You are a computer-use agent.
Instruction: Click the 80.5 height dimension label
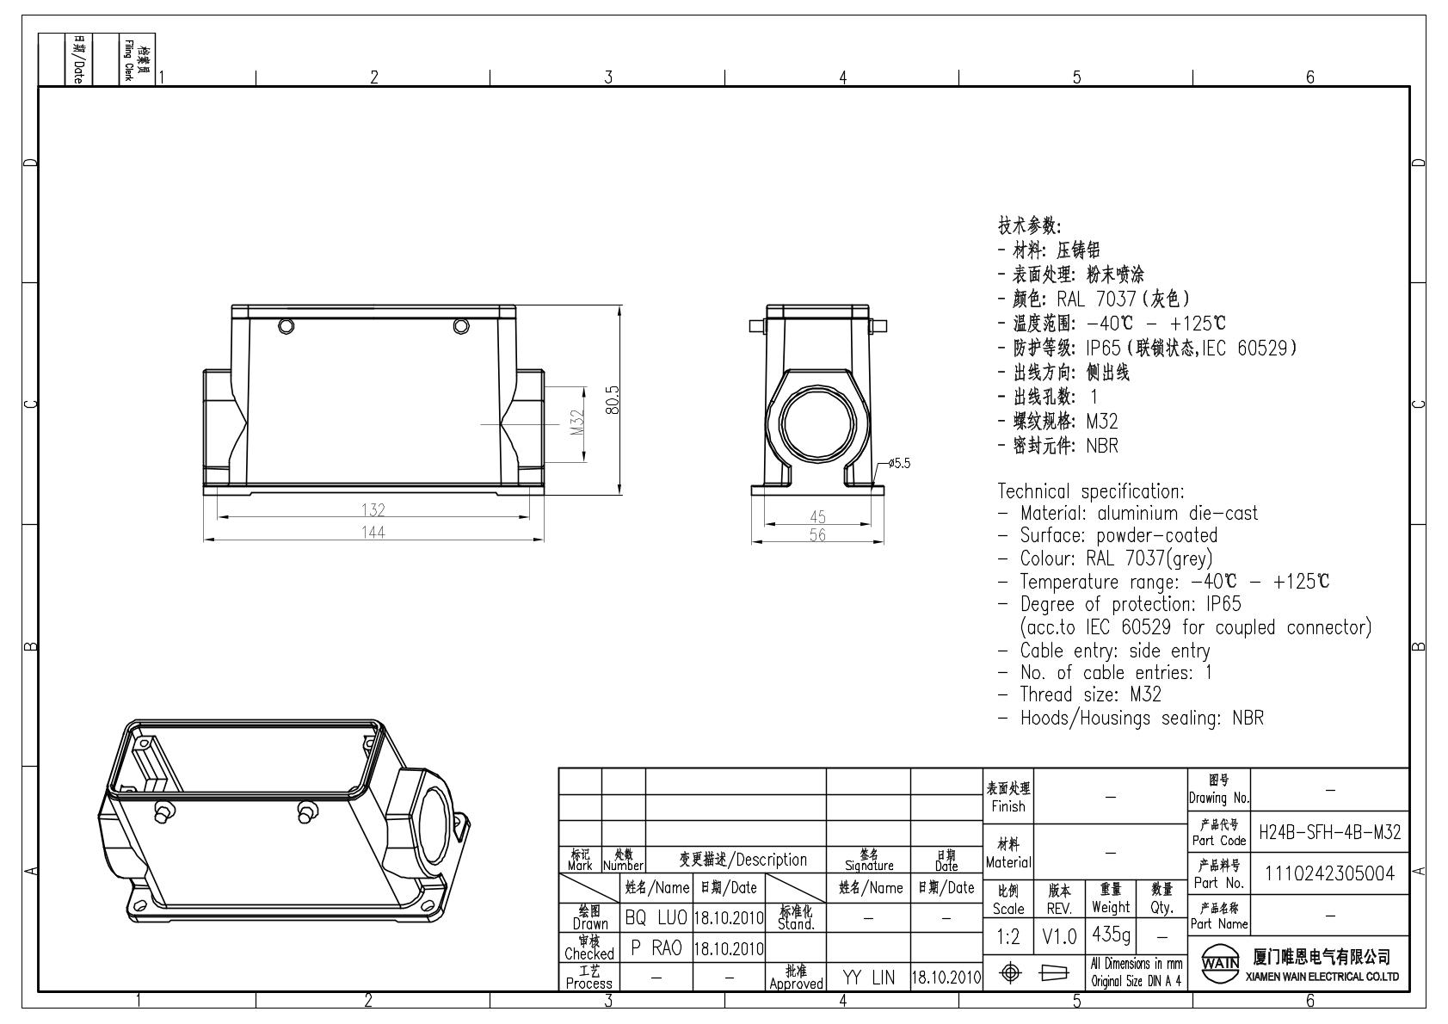(613, 400)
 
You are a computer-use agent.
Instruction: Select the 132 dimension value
(373, 510)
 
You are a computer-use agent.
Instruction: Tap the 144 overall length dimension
(373, 533)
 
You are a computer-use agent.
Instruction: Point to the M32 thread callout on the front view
(577, 422)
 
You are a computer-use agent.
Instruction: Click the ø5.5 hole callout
(899, 463)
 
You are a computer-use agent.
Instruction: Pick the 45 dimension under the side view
(817, 516)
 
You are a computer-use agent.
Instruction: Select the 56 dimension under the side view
(817, 535)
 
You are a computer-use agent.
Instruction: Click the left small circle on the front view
(286, 326)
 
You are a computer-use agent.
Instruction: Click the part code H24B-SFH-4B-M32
(1329, 832)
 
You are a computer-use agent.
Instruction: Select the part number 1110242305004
(1329, 873)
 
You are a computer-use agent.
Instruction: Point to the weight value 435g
(1111, 934)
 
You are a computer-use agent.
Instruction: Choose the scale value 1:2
(1008, 937)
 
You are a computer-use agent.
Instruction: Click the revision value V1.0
(1059, 937)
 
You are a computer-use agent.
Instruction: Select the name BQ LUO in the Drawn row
(656, 918)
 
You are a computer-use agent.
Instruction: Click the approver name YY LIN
(868, 978)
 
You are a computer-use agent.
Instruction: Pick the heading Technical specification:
(1091, 491)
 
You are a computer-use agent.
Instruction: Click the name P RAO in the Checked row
(656, 948)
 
